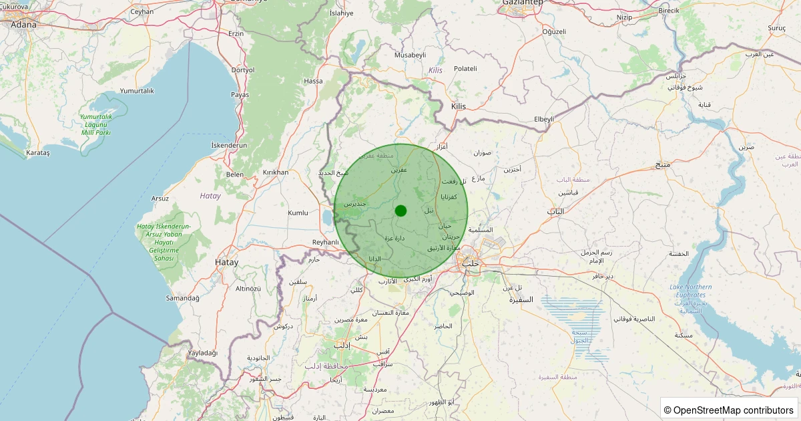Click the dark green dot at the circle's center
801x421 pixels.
coord(400,210)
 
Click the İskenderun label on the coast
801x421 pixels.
coord(229,145)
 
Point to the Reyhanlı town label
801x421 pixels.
coord(326,242)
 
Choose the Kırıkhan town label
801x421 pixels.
coord(276,172)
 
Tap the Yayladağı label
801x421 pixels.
coord(203,352)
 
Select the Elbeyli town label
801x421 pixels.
coord(544,119)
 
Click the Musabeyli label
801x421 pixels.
coord(410,54)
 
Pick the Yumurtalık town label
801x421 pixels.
coord(137,90)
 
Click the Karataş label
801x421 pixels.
coord(37,152)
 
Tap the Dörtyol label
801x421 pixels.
coord(242,69)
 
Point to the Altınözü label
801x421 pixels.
coord(248,288)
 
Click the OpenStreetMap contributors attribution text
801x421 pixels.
coord(729,410)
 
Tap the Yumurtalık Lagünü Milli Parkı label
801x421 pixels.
coord(95,124)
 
